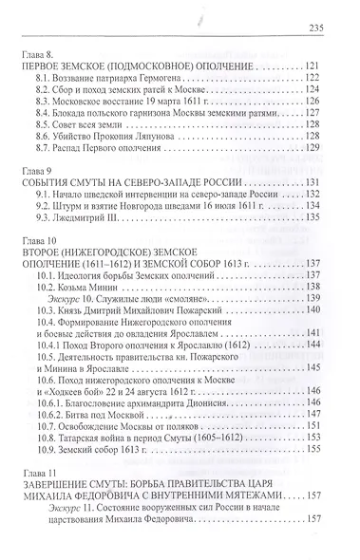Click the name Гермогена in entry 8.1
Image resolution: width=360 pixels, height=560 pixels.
tap(206, 85)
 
